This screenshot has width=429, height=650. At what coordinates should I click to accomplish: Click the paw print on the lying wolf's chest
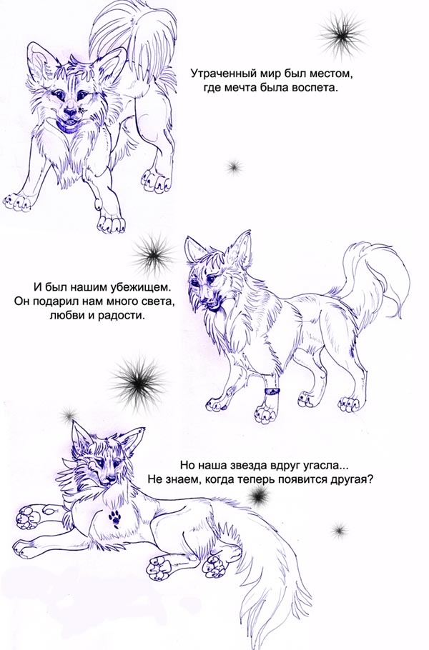(114, 519)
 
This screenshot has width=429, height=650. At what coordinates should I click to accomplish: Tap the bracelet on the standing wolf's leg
(272, 391)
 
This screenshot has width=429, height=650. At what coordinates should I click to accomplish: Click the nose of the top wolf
(69, 111)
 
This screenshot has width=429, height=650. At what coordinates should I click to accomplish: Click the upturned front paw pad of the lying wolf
(28, 516)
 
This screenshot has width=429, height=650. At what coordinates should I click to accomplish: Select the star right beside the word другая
(260, 495)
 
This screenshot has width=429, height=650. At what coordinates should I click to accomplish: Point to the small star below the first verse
(235, 166)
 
